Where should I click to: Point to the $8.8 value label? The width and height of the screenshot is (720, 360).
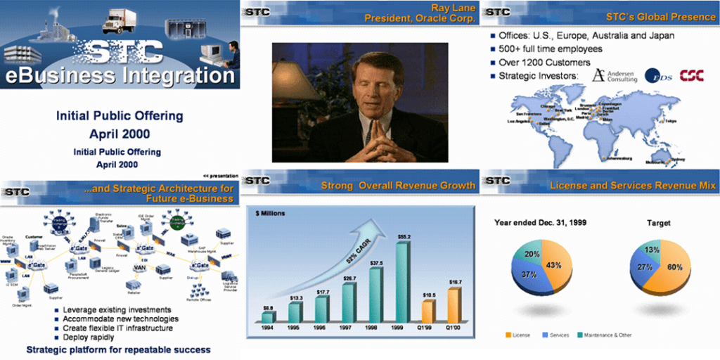[x=269, y=307]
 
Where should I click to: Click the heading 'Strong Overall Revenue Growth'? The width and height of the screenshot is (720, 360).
[x=398, y=186]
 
